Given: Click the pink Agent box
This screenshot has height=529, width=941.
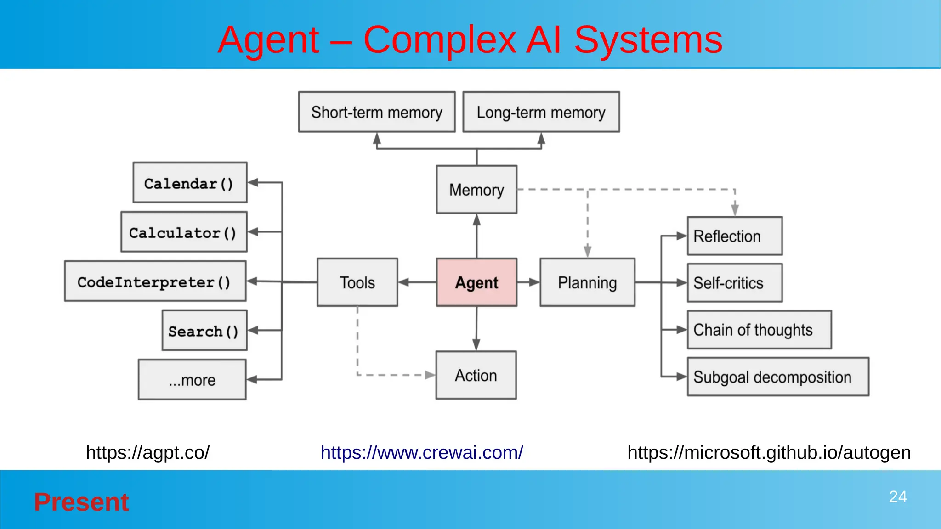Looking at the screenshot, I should (476, 282).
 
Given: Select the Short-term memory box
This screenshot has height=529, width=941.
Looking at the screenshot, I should (377, 112).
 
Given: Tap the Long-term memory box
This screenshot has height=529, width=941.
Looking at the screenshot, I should (541, 112).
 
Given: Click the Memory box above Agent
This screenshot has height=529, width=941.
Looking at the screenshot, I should (476, 190).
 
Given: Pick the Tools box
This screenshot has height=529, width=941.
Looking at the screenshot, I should (357, 282).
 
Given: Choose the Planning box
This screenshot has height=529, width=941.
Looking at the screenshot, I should (587, 282).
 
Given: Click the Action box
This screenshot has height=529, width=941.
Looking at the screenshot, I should (476, 375).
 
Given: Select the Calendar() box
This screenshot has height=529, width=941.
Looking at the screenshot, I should (190, 183).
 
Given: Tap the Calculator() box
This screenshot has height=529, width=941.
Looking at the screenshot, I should (184, 232).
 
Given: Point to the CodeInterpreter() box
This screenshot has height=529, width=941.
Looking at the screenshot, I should (155, 281).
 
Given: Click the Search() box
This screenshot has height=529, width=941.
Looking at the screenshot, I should (204, 331).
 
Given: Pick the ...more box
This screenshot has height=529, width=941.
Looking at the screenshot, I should (192, 380).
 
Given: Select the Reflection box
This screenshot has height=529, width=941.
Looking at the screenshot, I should (734, 236).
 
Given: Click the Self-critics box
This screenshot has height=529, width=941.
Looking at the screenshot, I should (734, 283).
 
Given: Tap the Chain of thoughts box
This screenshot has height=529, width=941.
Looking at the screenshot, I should (759, 330).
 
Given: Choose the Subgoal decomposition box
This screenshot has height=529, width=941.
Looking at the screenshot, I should (777, 377).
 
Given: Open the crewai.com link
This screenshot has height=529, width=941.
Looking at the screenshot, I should (421, 453).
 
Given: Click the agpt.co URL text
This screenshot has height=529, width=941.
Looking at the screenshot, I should (147, 453).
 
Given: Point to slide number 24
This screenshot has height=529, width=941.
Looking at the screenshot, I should (897, 497).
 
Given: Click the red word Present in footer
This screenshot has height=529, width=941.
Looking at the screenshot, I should (81, 502).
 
